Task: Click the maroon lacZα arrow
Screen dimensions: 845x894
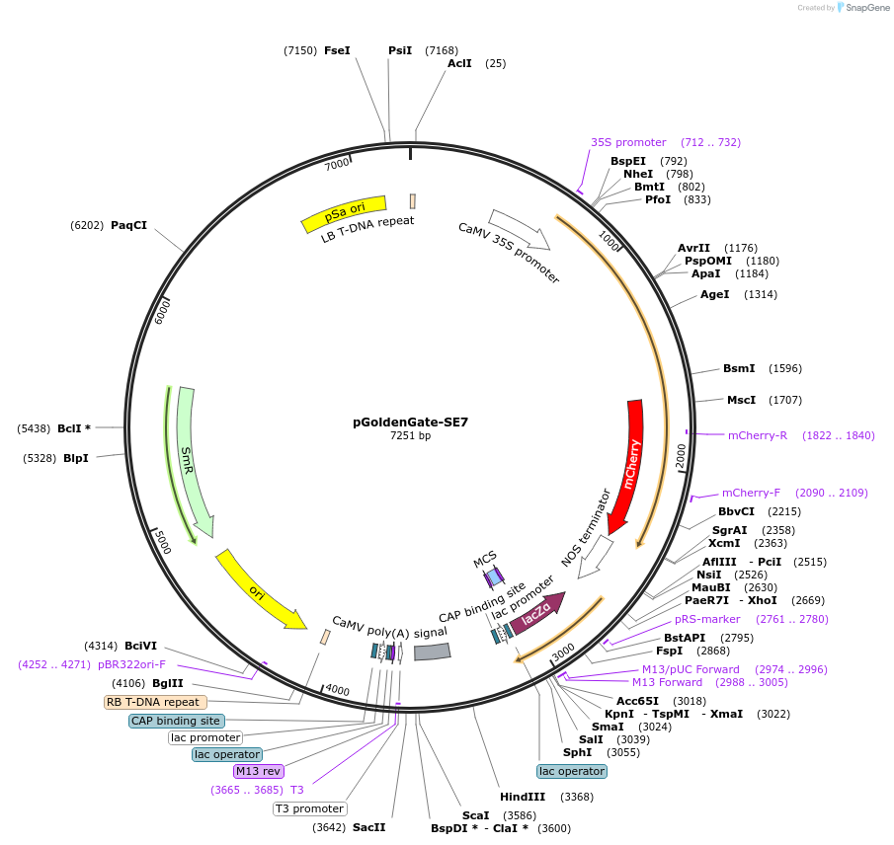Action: [x=537, y=613]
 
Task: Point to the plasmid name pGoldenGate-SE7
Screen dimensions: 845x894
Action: [x=410, y=422]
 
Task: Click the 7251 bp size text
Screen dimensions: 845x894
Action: [x=410, y=435]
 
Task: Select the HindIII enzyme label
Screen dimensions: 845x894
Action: [x=523, y=797]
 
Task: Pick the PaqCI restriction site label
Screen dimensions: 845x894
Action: [x=128, y=225]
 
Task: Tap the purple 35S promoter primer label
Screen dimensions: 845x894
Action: [x=628, y=142]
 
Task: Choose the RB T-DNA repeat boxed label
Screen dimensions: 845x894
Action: [x=155, y=702]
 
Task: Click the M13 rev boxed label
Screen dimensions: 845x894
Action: [x=258, y=771]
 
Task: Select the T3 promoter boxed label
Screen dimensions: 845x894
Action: [x=309, y=808]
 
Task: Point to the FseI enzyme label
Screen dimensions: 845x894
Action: [x=337, y=50]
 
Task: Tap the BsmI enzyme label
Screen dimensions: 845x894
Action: [x=739, y=368]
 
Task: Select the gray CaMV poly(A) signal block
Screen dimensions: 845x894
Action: [x=432, y=652]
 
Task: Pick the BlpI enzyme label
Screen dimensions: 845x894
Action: [x=76, y=458]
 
